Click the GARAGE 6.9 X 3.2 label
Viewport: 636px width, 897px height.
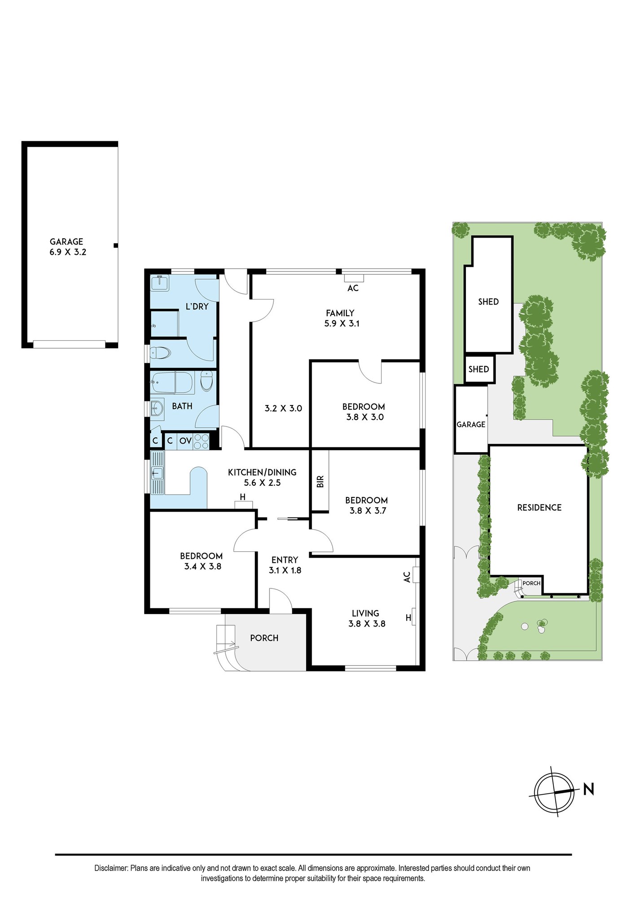tap(67, 247)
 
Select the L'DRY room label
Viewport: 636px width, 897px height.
tap(197, 307)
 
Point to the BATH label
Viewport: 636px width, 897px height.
tap(182, 406)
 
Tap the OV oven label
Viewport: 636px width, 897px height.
tap(185, 441)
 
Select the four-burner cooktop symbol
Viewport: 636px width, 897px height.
tap(201, 440)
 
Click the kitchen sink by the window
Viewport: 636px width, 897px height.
tap(158, 472)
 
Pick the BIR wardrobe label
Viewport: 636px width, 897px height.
tap(320, 481)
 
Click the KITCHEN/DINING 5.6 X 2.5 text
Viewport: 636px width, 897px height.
tap(262, 477)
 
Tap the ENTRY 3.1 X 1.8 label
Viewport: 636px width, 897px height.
tap(285, 565)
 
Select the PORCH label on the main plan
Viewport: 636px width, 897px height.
tap(264, 638)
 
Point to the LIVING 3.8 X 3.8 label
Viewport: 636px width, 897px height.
tap(366, 618)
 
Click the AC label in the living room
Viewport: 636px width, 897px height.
tap(407, 577)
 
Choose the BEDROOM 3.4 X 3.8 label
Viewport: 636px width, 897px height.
tap(202, 561)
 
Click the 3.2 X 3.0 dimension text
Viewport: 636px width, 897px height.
tap(283, 408)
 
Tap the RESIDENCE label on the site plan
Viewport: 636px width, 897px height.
tap(540, 507)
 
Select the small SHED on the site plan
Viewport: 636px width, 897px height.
tap(479, 369)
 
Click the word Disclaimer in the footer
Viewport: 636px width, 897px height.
tap(111, 868)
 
